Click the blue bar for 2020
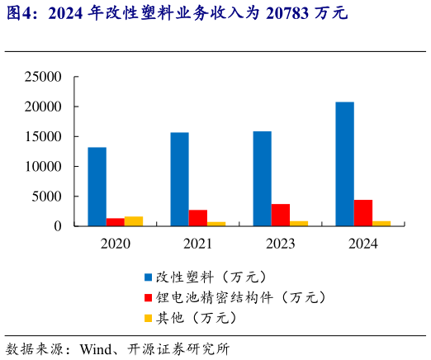tap(97, 187)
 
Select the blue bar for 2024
tap(344, 163)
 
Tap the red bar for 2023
tap(281, 215)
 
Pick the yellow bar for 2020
tap(134, 221)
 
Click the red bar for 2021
tap(198, 218)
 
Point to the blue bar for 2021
tap(179, 179)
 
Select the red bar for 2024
tap(363, 213)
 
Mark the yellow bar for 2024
tap(381, 223)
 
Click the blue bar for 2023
tap(262, 178)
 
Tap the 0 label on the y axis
tap(58, 225)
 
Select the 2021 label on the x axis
tap(197, 244)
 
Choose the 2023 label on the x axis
tap(280, 244)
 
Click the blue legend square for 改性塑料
tap(149, 277)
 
